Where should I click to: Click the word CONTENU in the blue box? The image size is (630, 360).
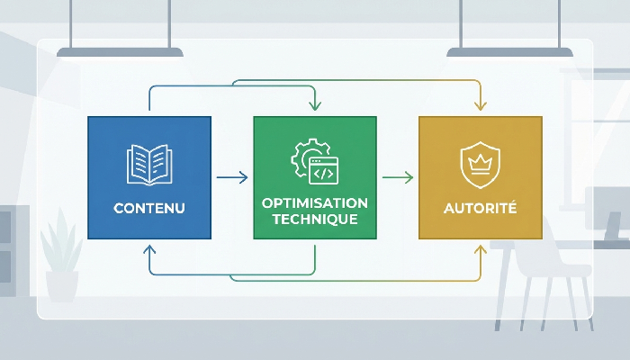149,209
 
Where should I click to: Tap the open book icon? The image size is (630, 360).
149,165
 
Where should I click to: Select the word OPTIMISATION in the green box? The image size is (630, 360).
315,203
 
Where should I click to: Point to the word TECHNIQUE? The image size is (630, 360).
315,220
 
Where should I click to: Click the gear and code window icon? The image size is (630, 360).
314,162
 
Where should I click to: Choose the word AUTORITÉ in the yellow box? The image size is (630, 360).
481,209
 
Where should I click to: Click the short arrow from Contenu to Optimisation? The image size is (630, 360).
232,178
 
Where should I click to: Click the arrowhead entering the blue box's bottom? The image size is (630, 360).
149,246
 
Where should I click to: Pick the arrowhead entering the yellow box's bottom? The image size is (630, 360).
480,246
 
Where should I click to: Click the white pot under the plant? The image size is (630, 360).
62,285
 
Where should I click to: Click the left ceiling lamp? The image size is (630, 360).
120,52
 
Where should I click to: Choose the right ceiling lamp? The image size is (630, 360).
510,52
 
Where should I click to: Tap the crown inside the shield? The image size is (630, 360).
481,162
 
